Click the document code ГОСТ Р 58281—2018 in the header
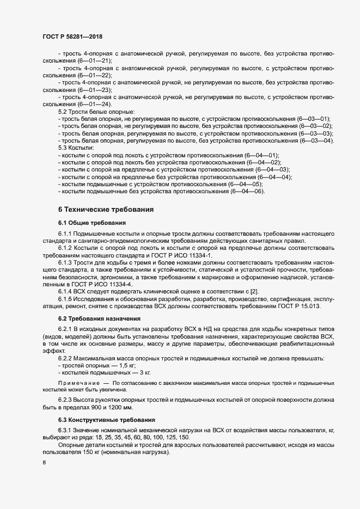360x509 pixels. pyautogui.click(x=72, y=36)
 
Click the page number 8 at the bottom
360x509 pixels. pyautogui.click(x=44, y=463)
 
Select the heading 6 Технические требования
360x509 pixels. pyautogui.click(x=106, y=209)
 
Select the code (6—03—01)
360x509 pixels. pyautogui.click(x=312, y=118)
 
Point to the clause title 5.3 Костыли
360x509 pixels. pyautogui.click(x=76, y=148)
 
